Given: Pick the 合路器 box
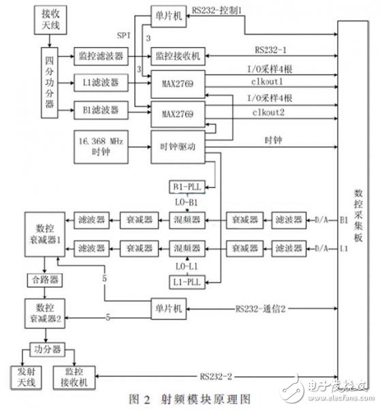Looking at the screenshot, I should [x=42, y=279].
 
